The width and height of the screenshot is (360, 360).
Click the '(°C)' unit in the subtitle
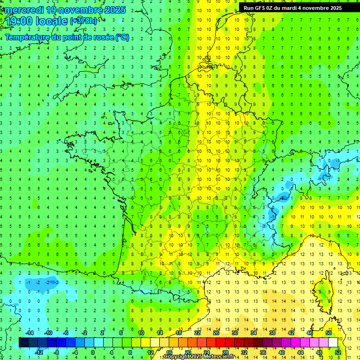pyautogui.click(x=121, y=37)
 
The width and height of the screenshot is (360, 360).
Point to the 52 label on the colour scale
pyautogui.click(x=338, y=352)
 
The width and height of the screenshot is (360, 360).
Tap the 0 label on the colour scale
pyautogui.click(x=92, y=352)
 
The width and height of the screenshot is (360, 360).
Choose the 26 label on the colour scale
pyautogui.click(x=216, y=333)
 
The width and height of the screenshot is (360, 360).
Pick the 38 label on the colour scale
pyautogui.click(x=272, y=333)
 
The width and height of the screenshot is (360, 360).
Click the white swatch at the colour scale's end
pyautogui.click(x=333, y=343)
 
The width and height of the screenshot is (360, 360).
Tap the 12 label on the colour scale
pyautogui.click(x=151, y=352)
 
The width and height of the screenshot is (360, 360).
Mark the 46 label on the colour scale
pyautogui.click(x=310, y=333)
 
